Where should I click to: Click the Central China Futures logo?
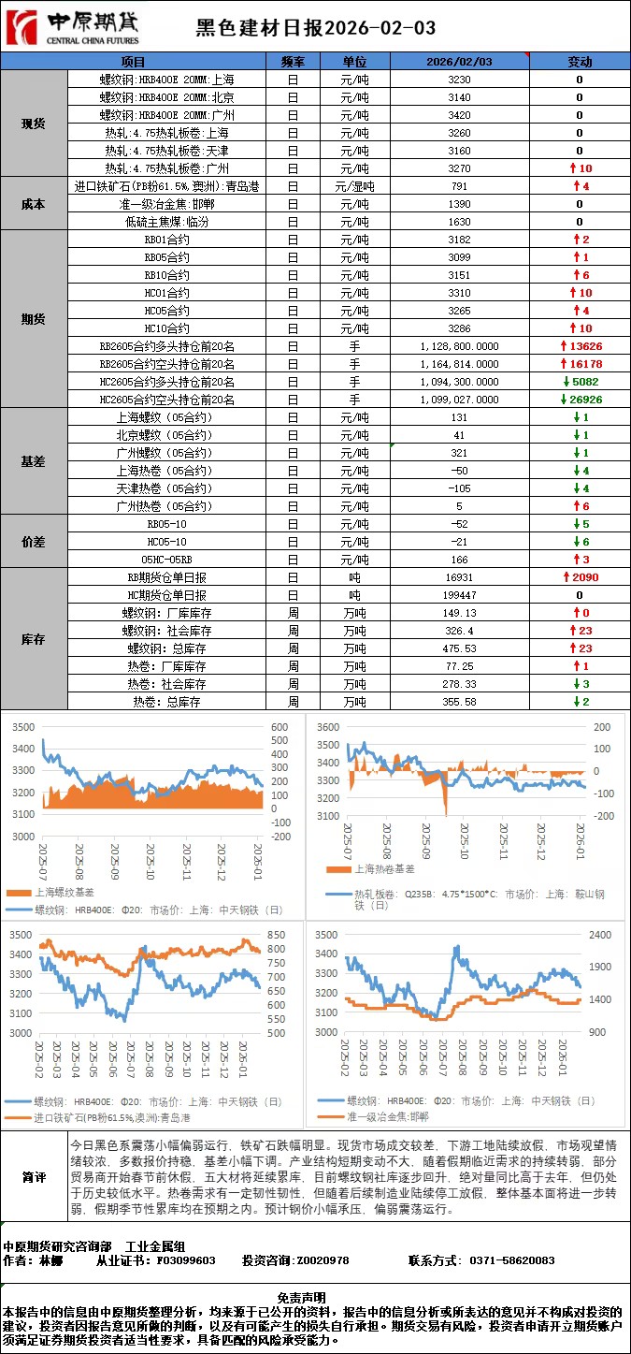click(x=72, y=28)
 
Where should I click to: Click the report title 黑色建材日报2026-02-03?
click(x=315, y=28)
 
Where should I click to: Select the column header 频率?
click(x=292, y=62)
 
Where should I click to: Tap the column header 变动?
click(x=580, y=62)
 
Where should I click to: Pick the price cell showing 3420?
click(x=459, y=115)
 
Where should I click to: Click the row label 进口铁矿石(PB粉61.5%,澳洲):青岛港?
click(x=167, y=186)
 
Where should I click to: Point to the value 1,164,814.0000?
click(x=459, y=364)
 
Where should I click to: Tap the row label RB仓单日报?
click(x=167, y=577)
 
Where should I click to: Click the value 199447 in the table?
click(x=459, y=595)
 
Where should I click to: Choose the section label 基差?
click(x=34, y=461)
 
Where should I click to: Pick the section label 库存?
click(x=34, y=639)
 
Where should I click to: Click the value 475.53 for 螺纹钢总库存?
click(x=459, y=648)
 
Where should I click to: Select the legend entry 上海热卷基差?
click(x=378, y=869)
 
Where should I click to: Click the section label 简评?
click(x=34, y=1177)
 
